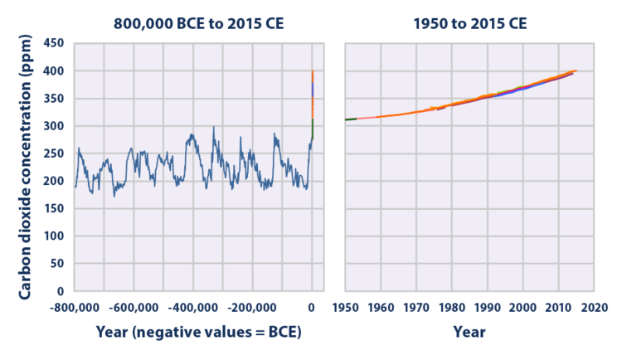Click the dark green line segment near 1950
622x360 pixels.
pyautogui.click(x=350, y=119)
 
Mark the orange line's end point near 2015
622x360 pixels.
pyautogui.click(x=576, y=71)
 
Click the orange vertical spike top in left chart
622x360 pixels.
pyautogui.click(x=313, y=73)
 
